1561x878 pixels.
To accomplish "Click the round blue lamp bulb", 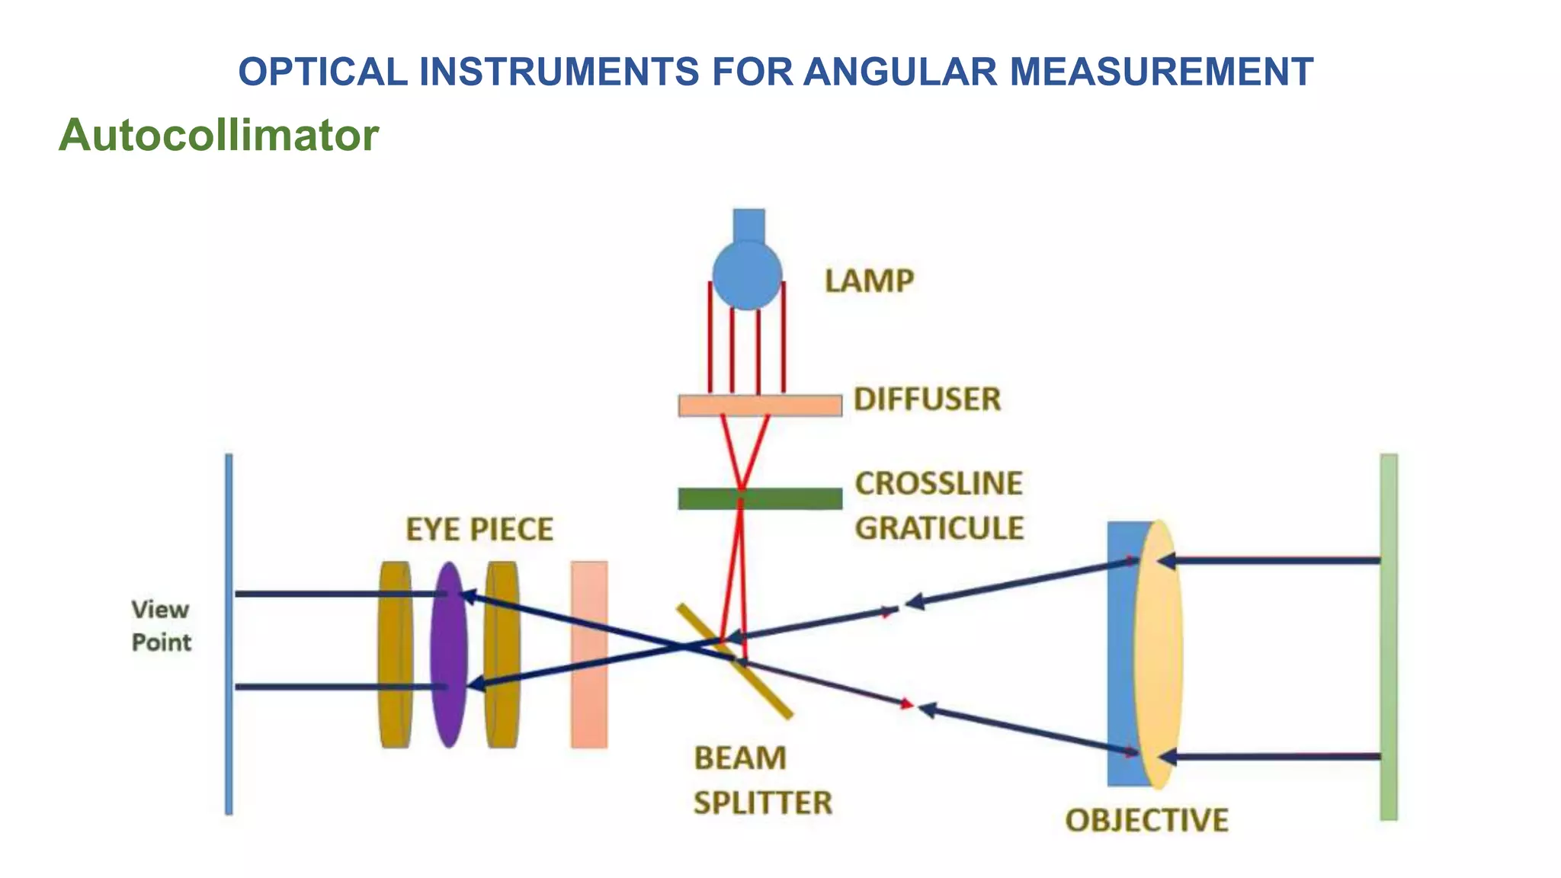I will [747, 275].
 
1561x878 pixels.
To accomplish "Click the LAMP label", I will [869, 281].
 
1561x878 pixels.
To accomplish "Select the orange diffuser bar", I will [760, 405].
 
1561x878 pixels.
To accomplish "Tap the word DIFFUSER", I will [927, 399].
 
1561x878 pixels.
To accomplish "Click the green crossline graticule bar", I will [760, 498].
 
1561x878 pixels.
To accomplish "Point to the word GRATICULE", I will [939, 528].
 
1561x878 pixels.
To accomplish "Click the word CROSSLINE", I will [938, 483].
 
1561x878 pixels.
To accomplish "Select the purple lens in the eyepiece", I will [448, 654].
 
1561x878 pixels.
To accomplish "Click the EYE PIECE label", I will [479, 530].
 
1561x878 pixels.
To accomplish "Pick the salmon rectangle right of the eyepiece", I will [589, 654].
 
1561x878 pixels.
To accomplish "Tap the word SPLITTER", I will [762, 803].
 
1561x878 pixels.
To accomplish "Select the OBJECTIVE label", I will [1146, 820].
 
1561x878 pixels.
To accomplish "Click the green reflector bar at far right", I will [1389, 637].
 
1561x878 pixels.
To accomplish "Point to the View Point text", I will [161, 626].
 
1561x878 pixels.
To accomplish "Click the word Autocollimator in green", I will [219, 135].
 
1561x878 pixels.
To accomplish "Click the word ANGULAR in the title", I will [899, 72].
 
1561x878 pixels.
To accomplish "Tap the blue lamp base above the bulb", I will [748, 224].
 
